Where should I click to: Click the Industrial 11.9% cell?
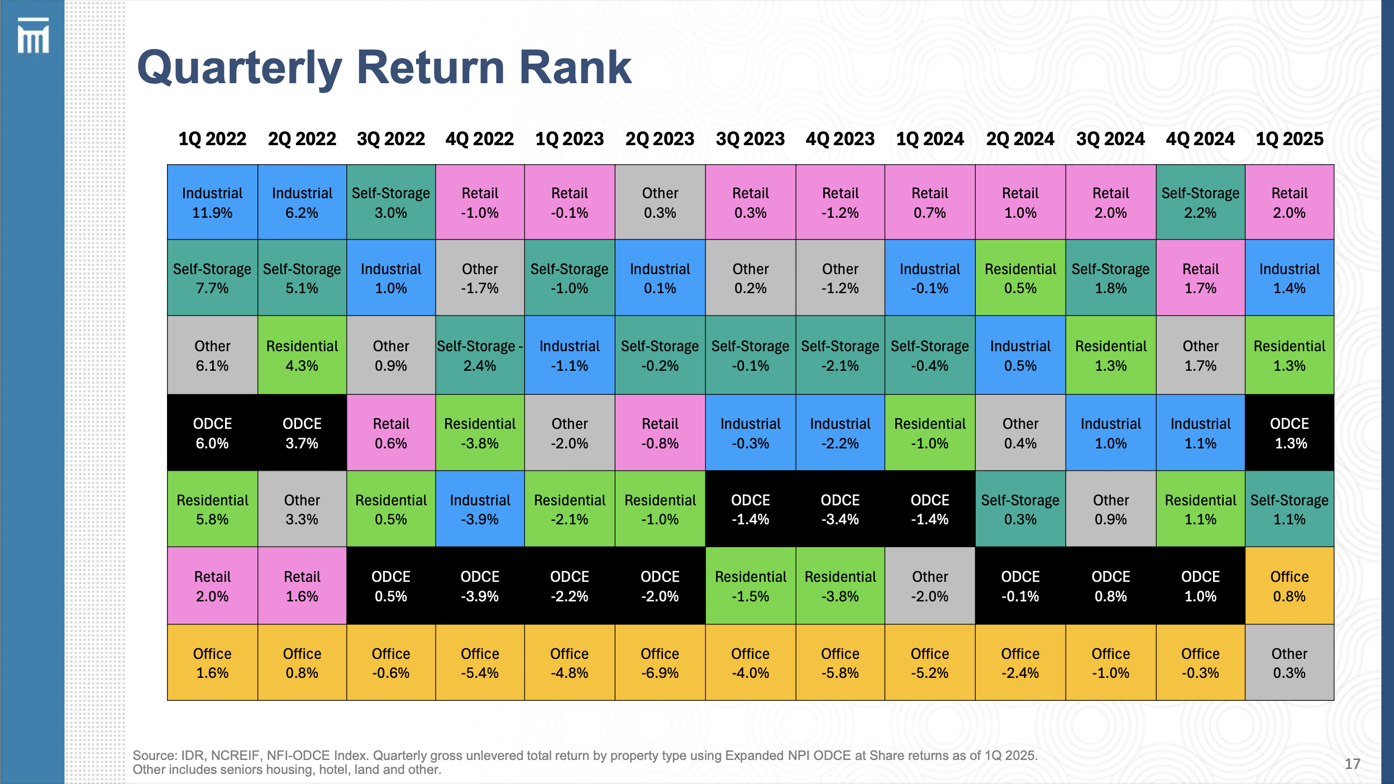(212, 202)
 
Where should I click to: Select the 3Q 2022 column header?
(391, 138)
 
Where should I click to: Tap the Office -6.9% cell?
(660, 663)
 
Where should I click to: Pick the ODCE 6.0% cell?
(212, 433)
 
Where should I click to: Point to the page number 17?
(1352, 764)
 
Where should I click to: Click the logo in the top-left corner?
(33, 36)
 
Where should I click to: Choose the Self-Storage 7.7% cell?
(212, 278)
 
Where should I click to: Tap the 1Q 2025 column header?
(1290, 138)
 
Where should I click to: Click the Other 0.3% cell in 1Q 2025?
(1290, 663)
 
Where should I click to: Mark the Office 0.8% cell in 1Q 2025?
(1290, 586)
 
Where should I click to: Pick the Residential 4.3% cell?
(302, 356)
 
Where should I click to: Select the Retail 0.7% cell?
(930, 202)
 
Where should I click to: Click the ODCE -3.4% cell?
(840, 509)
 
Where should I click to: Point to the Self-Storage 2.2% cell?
(1200, 202)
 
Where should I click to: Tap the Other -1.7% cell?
(480, 278)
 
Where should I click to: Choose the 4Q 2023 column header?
(840, 138)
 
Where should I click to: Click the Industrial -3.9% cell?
(480, 509)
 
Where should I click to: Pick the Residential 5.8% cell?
(212, 509)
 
